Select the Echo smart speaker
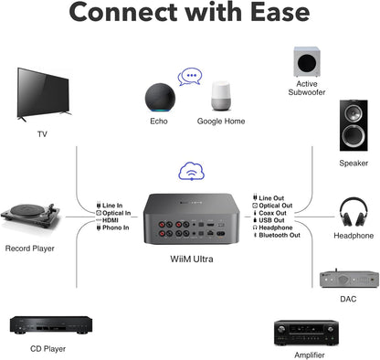[158, 97]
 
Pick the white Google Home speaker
[225, 98]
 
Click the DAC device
[347, 279]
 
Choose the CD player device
[47, 324]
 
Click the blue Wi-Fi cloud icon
[190, 170]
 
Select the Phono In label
[116, 228]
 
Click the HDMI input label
[112, 220]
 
